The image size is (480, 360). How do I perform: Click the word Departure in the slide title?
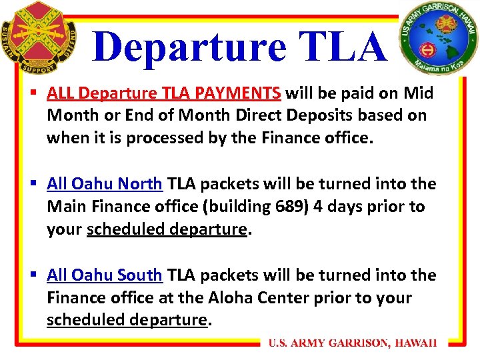189,47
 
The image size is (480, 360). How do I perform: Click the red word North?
140,184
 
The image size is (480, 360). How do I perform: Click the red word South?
140,275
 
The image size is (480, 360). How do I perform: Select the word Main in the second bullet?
64,207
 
